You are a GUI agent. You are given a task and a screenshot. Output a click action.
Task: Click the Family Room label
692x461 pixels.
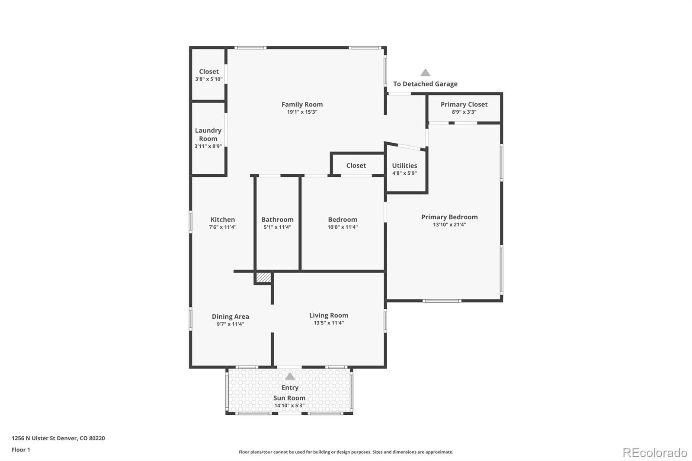point(302,104)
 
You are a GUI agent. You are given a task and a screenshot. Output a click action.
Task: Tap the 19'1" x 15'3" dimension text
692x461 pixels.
point(302,112)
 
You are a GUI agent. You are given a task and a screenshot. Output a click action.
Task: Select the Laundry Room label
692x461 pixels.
point(208,134)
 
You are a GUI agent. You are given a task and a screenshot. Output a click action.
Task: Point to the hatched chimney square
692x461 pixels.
point(263,277)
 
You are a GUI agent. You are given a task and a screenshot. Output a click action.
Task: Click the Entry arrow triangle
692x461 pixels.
point(290,377)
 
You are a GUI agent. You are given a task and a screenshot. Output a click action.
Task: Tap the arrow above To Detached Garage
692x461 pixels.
point(425,73)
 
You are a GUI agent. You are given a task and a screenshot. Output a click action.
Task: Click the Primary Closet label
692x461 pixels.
point(464,104)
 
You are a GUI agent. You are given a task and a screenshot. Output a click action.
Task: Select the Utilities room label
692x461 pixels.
point(404,166)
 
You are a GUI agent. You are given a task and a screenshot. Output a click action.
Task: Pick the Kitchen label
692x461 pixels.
point(223,220)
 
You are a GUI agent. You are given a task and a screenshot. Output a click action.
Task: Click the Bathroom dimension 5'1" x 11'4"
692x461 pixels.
point(277,227)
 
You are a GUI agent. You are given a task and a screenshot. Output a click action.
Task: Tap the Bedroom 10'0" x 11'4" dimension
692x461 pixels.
point(343,227)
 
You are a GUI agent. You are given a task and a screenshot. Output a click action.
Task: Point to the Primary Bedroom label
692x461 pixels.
point(449,217)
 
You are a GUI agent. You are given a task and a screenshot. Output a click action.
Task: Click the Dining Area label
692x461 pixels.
point(230,317)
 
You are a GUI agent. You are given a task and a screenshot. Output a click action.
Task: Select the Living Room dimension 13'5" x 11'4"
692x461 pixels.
point(329,323)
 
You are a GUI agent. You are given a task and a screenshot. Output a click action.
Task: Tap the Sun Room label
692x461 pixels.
point(289,398)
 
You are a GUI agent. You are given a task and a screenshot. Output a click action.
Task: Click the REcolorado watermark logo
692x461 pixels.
point(655,453)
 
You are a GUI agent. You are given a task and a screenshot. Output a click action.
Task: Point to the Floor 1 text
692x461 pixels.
point(21,450)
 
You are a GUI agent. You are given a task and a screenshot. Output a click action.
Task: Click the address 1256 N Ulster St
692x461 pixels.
point(39,438)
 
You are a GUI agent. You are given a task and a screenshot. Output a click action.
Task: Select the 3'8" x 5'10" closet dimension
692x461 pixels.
point(208,79)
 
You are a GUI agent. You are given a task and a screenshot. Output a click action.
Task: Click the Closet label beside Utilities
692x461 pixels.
point(356,166)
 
